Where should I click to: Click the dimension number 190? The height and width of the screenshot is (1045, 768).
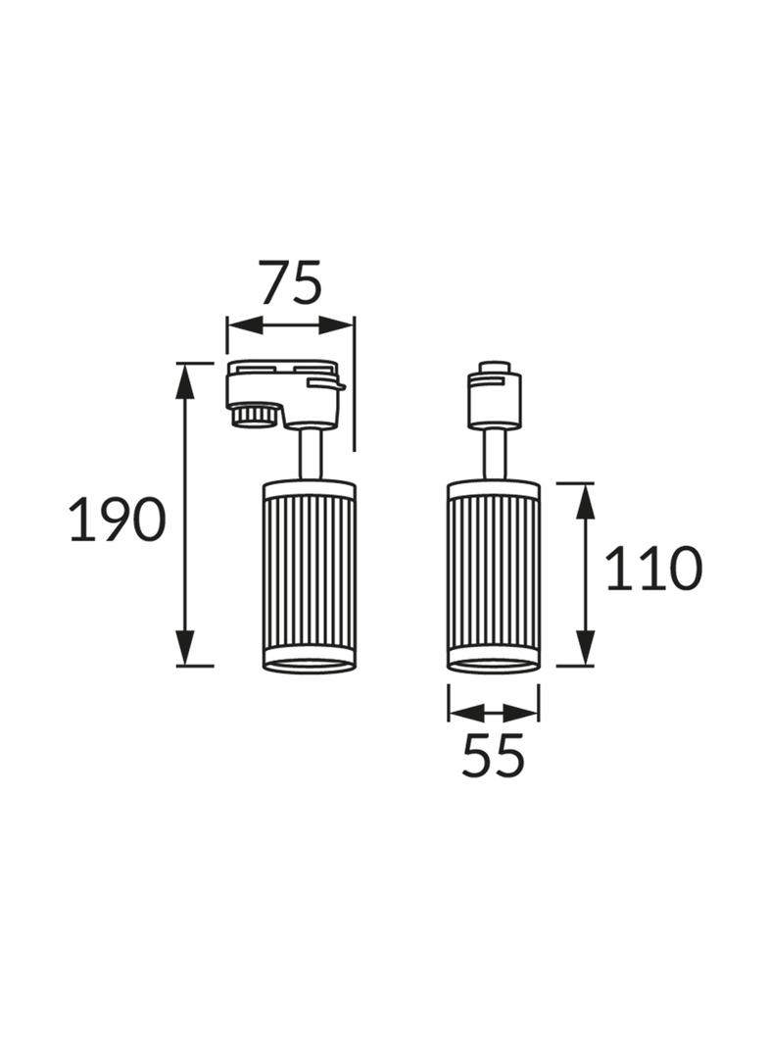[117, 520]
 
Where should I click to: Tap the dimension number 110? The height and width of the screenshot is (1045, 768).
[653, 568]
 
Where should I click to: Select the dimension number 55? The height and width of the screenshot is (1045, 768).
[493, 755]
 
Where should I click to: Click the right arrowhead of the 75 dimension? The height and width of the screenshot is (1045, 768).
[336, 325]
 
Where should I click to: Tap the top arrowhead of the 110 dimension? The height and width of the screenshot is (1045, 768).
[585, 501]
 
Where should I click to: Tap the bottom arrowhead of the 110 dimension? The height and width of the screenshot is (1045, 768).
[585, 647]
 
